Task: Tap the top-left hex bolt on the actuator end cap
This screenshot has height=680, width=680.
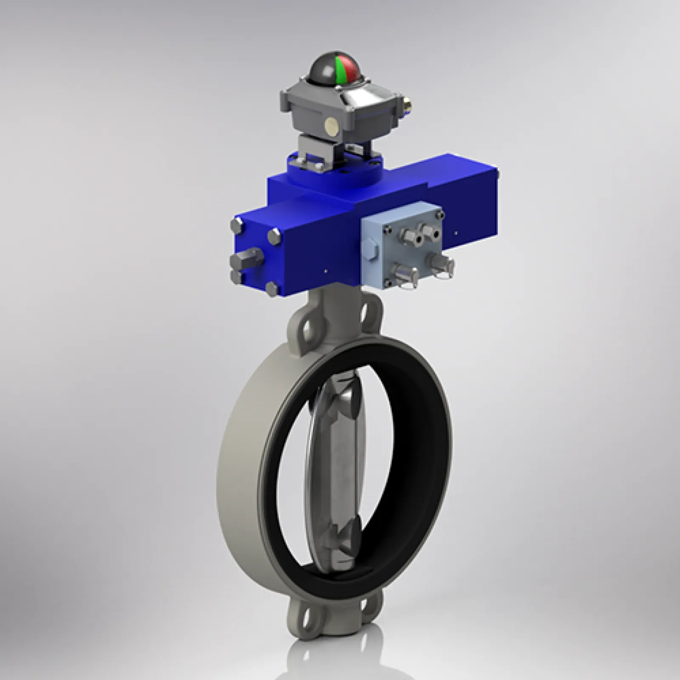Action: [238, 226]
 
